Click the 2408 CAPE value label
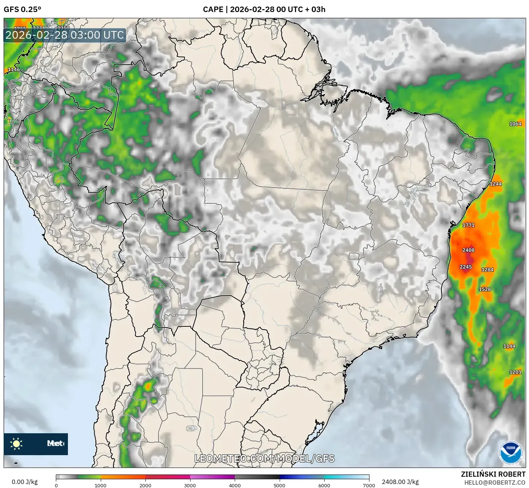pos(468,250)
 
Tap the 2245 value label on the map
pos(465,267)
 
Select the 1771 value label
pos(468,225)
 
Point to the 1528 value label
pos(485,289)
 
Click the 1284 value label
pos(487,270)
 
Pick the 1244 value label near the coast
pos(496,184)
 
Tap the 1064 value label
pos(515,124)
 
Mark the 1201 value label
pos(515,372)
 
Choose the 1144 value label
pos(509,346)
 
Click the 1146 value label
pos(14,70)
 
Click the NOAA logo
pos(511,453)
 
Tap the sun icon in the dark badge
pos(16,444)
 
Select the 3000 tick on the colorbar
pos(190,485)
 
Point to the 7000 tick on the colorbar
pos(369,485)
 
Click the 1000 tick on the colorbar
pos(100,485)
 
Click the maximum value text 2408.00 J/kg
pos(400,482)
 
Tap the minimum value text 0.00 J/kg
pos(24,482)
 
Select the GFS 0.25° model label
pos(22,9)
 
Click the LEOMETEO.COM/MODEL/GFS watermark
pos(264,458)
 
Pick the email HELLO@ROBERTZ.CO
pos(495,483)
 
